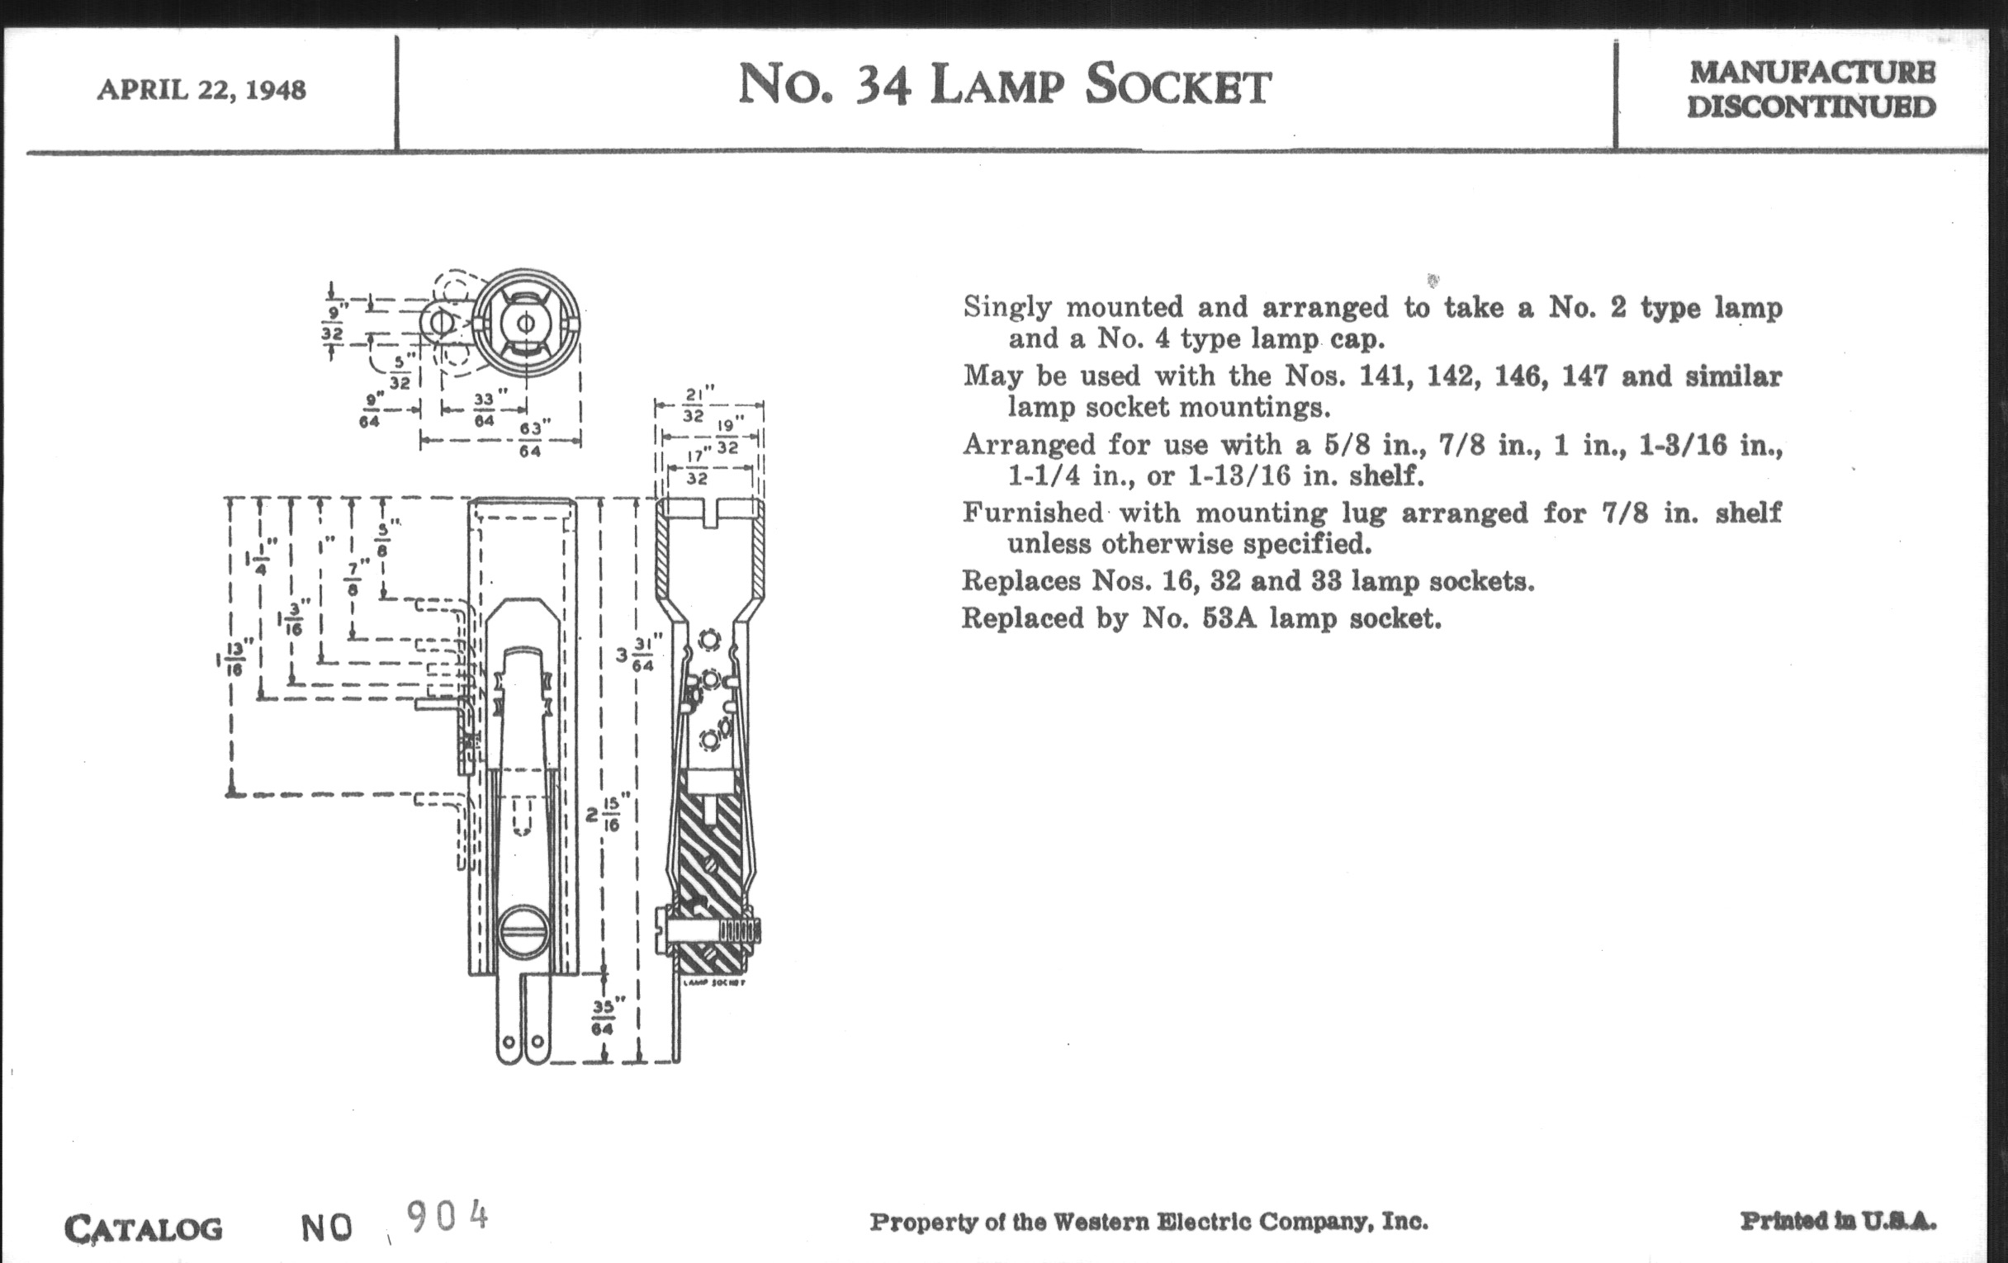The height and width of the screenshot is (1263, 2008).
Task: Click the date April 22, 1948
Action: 201,89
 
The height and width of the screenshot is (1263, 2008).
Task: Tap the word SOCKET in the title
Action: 1178,86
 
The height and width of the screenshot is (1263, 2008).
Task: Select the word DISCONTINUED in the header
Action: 1811,107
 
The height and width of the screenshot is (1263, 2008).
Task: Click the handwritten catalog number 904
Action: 447,1217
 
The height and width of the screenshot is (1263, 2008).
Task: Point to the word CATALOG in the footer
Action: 144,1229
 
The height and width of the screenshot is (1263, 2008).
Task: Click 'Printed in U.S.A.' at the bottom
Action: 1838,1222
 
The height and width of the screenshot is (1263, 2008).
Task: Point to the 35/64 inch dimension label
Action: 602,1017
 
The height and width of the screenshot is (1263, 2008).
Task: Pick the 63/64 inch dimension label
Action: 530,439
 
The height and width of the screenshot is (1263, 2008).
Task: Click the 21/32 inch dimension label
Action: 694,405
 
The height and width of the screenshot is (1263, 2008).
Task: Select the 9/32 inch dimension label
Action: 333,324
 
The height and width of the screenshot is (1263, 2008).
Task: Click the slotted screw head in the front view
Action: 523,934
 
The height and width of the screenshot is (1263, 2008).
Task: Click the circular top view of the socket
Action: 525,322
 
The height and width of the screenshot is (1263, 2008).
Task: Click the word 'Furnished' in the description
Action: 1032,512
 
